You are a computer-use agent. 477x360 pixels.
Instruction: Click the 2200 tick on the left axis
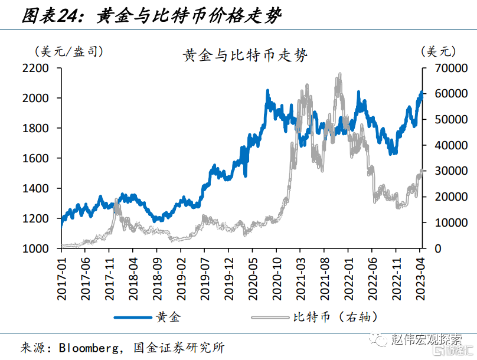(x=35, y=68)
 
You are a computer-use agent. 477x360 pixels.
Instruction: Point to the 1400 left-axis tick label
(x=35, y=188)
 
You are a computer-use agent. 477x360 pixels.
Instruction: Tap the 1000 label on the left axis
(x=35, y=248)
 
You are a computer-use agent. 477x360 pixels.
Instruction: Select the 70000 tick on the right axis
(x=451, y=68)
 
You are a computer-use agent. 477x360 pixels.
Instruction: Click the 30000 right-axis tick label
(x=451, y=171)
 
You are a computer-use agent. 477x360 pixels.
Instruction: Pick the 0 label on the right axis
(x=438, y=248)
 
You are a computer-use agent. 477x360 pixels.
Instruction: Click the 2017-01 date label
(x=61, y=279)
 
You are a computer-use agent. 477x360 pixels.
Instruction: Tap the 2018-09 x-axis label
(x=157, y=279)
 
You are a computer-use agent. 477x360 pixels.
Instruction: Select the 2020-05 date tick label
(x=253, y=279)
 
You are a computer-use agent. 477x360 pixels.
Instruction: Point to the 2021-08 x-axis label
(x=324, y=279)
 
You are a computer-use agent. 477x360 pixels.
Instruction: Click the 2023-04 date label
(x=420, y=279)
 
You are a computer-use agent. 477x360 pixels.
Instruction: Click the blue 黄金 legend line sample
(x=133, y=318)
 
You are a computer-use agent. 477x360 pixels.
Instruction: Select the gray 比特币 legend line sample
(x=270, y=318)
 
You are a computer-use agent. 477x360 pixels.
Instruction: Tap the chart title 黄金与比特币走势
(x=245, y=55)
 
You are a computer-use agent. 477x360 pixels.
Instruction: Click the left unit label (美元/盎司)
(x=68, y=51)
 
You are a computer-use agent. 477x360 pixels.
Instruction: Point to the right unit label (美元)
(x=439, y=51)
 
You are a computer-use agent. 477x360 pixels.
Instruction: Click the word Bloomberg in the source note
(x=89, y=348)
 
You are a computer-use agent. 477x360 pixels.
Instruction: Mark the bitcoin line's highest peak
(x=339, y=74)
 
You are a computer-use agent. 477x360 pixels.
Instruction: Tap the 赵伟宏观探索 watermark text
(x=426, y=338)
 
